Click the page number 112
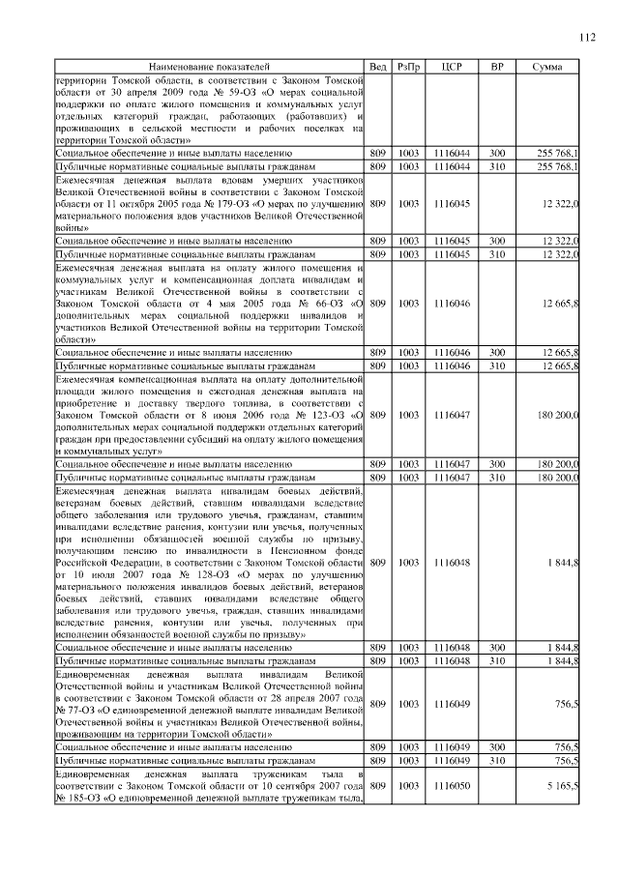tap(587, 38)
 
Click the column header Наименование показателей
tap(210, 66)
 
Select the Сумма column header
tap(548, 66)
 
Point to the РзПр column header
tap(408, 66)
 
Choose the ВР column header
tap(496, 66)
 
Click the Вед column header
tap(378, 66)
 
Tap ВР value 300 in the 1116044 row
tap(496, 153)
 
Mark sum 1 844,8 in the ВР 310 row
tap(561, 659)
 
